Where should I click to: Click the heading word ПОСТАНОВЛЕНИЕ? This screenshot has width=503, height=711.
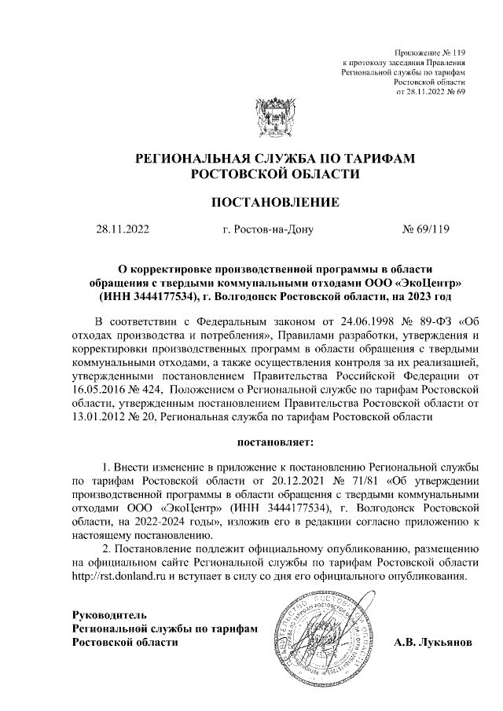click(x=276, y=202)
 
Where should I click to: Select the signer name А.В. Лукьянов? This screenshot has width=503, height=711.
click(x=434, y=642)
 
